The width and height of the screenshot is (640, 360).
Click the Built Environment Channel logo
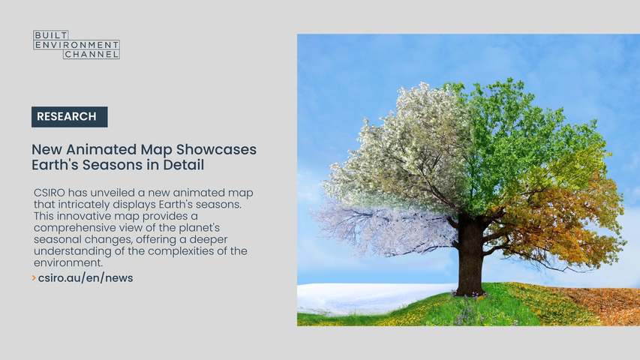pyautogui.click(x=77, y=44)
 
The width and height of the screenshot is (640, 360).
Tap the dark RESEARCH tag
pyautogui.click(x=69, y=117)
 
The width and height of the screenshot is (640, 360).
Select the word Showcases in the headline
pyautogui.click(x=216, y=149)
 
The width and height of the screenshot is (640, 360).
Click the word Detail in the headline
pyautogui.click(x=184, y=165)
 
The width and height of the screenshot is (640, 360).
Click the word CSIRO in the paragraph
pyautogui.click(x=50, y=193)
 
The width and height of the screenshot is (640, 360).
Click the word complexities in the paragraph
pyautogui.click(x=184, y=251)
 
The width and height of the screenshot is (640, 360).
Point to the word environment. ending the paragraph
pyautogui.click(x=68, y=262)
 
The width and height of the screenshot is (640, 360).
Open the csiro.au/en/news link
pyautogui.click(x=86, y=278)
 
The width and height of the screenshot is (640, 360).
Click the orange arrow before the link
pyautogui.click(x=34, y=278)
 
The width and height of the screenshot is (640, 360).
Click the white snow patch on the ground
pyautogui.click(x=368, y=297)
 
